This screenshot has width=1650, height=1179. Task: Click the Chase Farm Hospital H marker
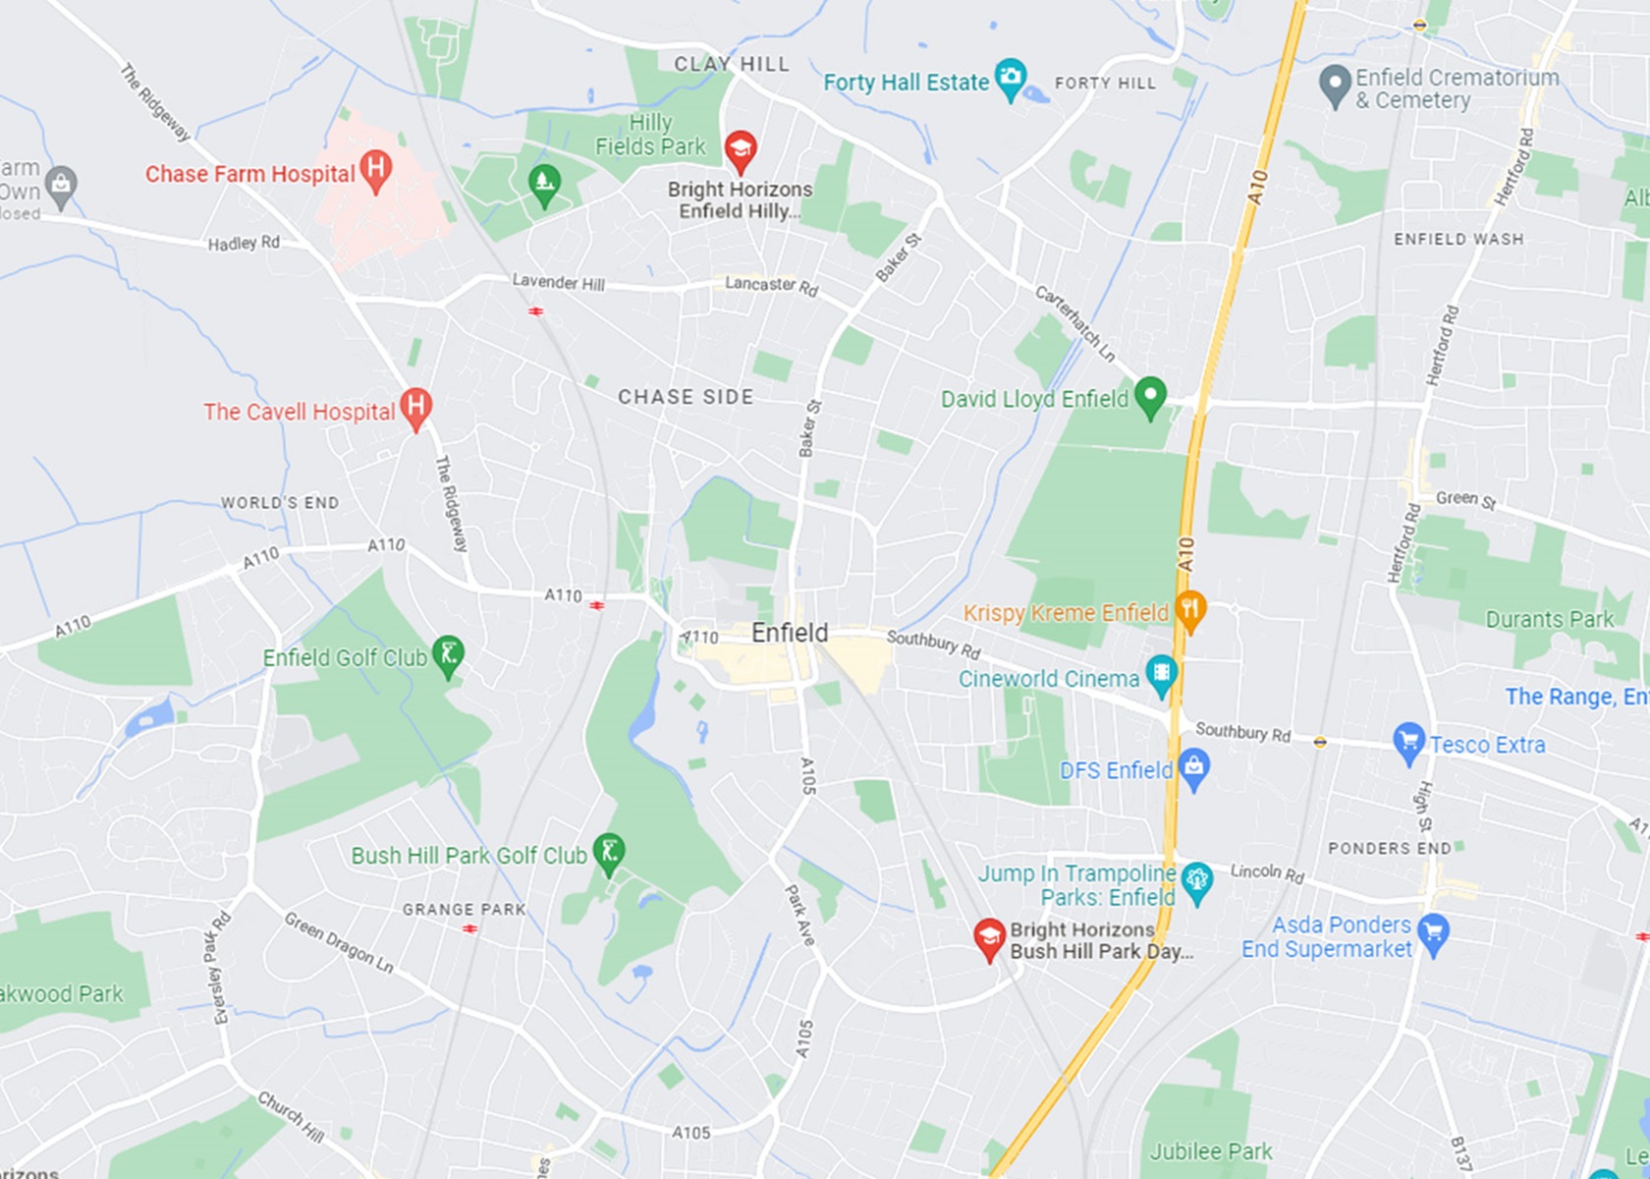(x=375, y=169)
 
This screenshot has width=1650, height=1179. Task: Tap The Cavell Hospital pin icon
(x=416, y=407)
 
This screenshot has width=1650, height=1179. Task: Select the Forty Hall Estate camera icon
(x=1010, y=78)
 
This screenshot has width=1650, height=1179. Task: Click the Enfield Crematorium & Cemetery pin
(x=1335, y=84)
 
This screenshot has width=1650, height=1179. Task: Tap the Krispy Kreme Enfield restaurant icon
(x=1189, y=610)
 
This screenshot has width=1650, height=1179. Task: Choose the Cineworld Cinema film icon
(x=1162, y=675)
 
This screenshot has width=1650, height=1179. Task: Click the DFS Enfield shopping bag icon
(x=1194, y=766)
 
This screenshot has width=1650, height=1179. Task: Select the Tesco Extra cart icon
(x=1408, y=742)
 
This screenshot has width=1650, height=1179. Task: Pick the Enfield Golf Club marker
(x=448, y=654)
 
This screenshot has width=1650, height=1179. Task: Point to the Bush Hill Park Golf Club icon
(x=610, y=853)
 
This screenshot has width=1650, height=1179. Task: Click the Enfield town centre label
(x=790, y=633)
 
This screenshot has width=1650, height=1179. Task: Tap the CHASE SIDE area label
(x=686, y=397)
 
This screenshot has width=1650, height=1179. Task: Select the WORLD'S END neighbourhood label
(x=280, y=503)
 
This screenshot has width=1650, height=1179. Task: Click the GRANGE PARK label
(x=464, y=910)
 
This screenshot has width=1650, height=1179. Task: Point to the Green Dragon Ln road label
(x=339, y=942)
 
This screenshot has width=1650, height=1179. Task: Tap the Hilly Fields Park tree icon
(x=544, y=182)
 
